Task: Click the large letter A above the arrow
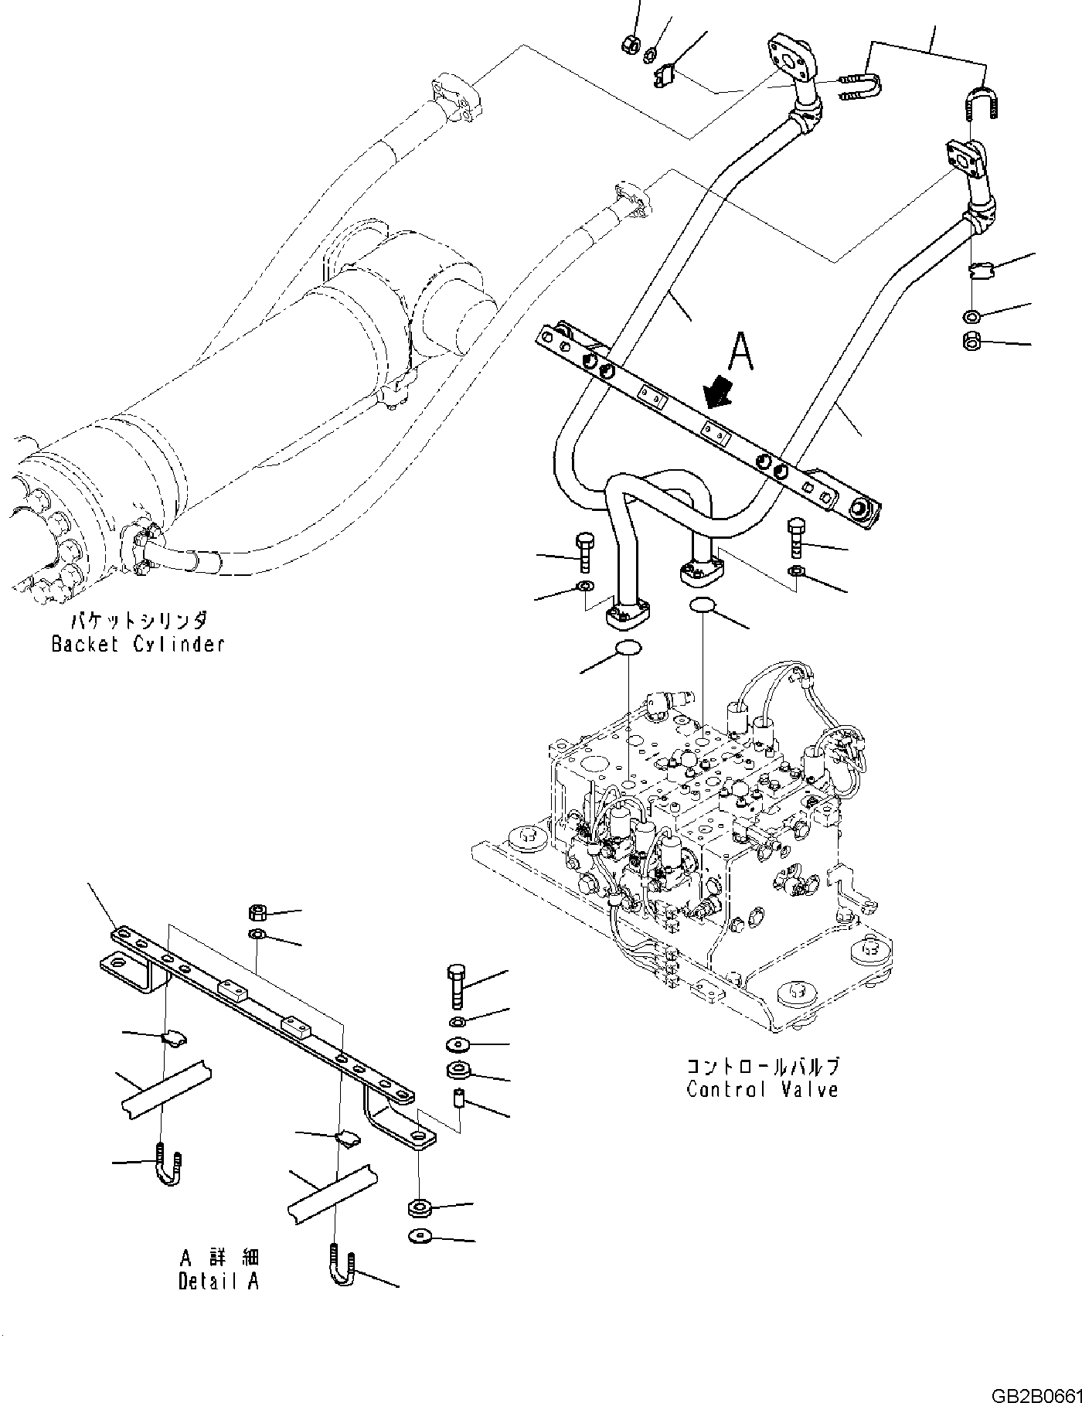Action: coord(741,352)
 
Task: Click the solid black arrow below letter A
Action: coord(721,390)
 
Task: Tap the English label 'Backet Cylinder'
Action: coord(138,643)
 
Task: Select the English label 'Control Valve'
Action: coord(762,1089)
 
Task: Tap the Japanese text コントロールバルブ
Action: coord(763,1066)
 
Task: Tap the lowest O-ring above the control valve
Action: coord(627,648)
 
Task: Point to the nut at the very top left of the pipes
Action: coord(630,44)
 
